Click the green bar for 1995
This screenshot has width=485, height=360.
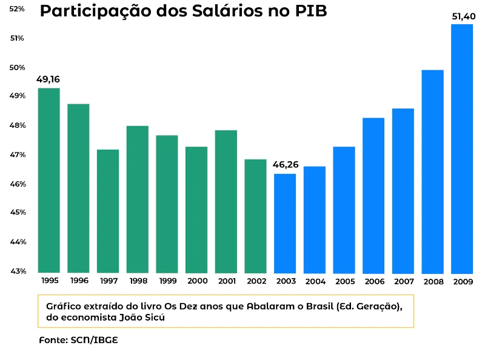(x=48, y=181)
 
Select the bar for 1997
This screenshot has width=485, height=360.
(x=108, y=211)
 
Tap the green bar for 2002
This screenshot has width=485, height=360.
(x=255, y=216)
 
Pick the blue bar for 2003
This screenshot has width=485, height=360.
(x=285, y=223)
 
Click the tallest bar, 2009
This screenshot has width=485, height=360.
(x=462, y=148)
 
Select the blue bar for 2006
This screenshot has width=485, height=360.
(x=373, y=195)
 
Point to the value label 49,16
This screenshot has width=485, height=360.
(x=48, y=79)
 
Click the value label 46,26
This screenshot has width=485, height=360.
(x=285, y=164)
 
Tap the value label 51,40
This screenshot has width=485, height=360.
(x=462, y=16)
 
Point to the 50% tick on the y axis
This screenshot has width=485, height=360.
(x=16, y=67)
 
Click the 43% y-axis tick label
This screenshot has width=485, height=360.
(x=16, y=271)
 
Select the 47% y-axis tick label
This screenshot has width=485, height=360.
(x=16, y=155)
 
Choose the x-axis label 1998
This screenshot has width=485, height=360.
(x=138, y=281)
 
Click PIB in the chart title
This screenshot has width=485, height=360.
(x=310, y=12)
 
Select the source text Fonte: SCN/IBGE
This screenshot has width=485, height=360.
(x=78, y=339)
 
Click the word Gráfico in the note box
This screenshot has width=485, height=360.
(x=63, y=306)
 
